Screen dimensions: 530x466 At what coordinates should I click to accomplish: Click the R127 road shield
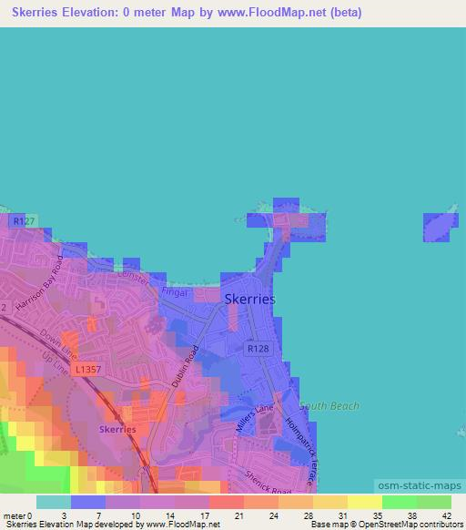(22, 220)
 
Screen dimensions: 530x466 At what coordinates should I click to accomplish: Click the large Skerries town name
(249, 299)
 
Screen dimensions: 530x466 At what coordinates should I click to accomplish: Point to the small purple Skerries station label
(117, 429)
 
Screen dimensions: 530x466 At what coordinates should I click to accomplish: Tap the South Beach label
(329, 406)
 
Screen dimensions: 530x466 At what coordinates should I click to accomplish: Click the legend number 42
(445, 515)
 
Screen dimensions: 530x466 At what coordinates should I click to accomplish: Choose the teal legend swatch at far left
(54, 502)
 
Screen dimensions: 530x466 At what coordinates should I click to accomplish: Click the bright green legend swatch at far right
(433, 502)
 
